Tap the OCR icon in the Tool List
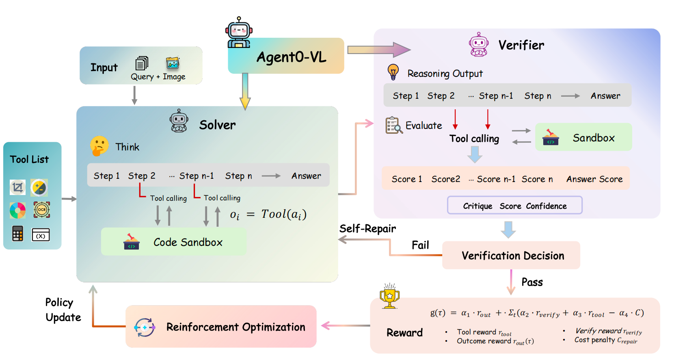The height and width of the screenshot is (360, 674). click(x=42, y=210)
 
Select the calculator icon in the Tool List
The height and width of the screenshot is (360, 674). click(x=17, y=234)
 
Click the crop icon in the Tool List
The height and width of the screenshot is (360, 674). click(x=17, y=187)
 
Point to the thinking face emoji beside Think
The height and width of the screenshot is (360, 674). click(x=99, y=146)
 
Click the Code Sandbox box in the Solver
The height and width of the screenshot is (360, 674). click(x=174, y=242)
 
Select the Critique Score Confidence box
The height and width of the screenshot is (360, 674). click(x=514, y=206)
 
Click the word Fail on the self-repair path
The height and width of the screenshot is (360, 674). click(x=420, y=245)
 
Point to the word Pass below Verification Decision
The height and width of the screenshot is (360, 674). click(x=532, y=282)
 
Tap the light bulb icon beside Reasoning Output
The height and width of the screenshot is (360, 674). click(x=393, y=72)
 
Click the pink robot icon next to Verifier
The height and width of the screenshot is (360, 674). click(x=479, y=44)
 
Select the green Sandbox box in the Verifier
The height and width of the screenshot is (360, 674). click(x=583, y=137)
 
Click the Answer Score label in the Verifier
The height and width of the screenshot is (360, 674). click(x=594, y=179)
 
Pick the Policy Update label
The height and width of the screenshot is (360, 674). click(x=63, y=310)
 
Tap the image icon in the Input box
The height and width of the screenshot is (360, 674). click(x=173, y=63)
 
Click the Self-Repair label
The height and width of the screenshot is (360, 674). click(x=367, y=229)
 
